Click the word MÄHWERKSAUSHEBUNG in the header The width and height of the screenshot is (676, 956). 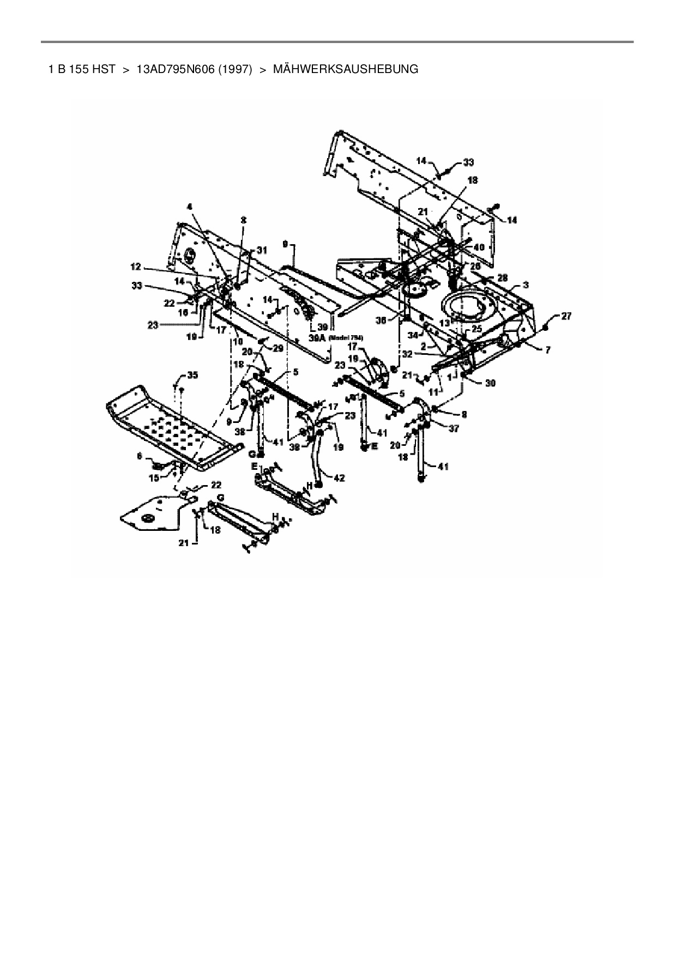click(x=345, y=69)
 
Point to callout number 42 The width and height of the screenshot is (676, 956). click(x=339, y=478)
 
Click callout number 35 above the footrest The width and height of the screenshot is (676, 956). click(x=192, y=375)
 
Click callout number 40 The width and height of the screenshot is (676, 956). click(x=479, y=247)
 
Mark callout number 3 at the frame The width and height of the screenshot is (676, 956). click(x=525, y=285)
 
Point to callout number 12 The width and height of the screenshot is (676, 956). click(x=135, y=267)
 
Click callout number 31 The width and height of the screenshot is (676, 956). click(x=262, y=250)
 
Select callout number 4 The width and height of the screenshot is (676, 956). click(x=190, y=207)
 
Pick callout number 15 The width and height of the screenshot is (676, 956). click(x=154, y=477)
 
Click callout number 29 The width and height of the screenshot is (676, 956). click(x=278, y=348)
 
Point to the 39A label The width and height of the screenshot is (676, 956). click(x=318, y=338)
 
